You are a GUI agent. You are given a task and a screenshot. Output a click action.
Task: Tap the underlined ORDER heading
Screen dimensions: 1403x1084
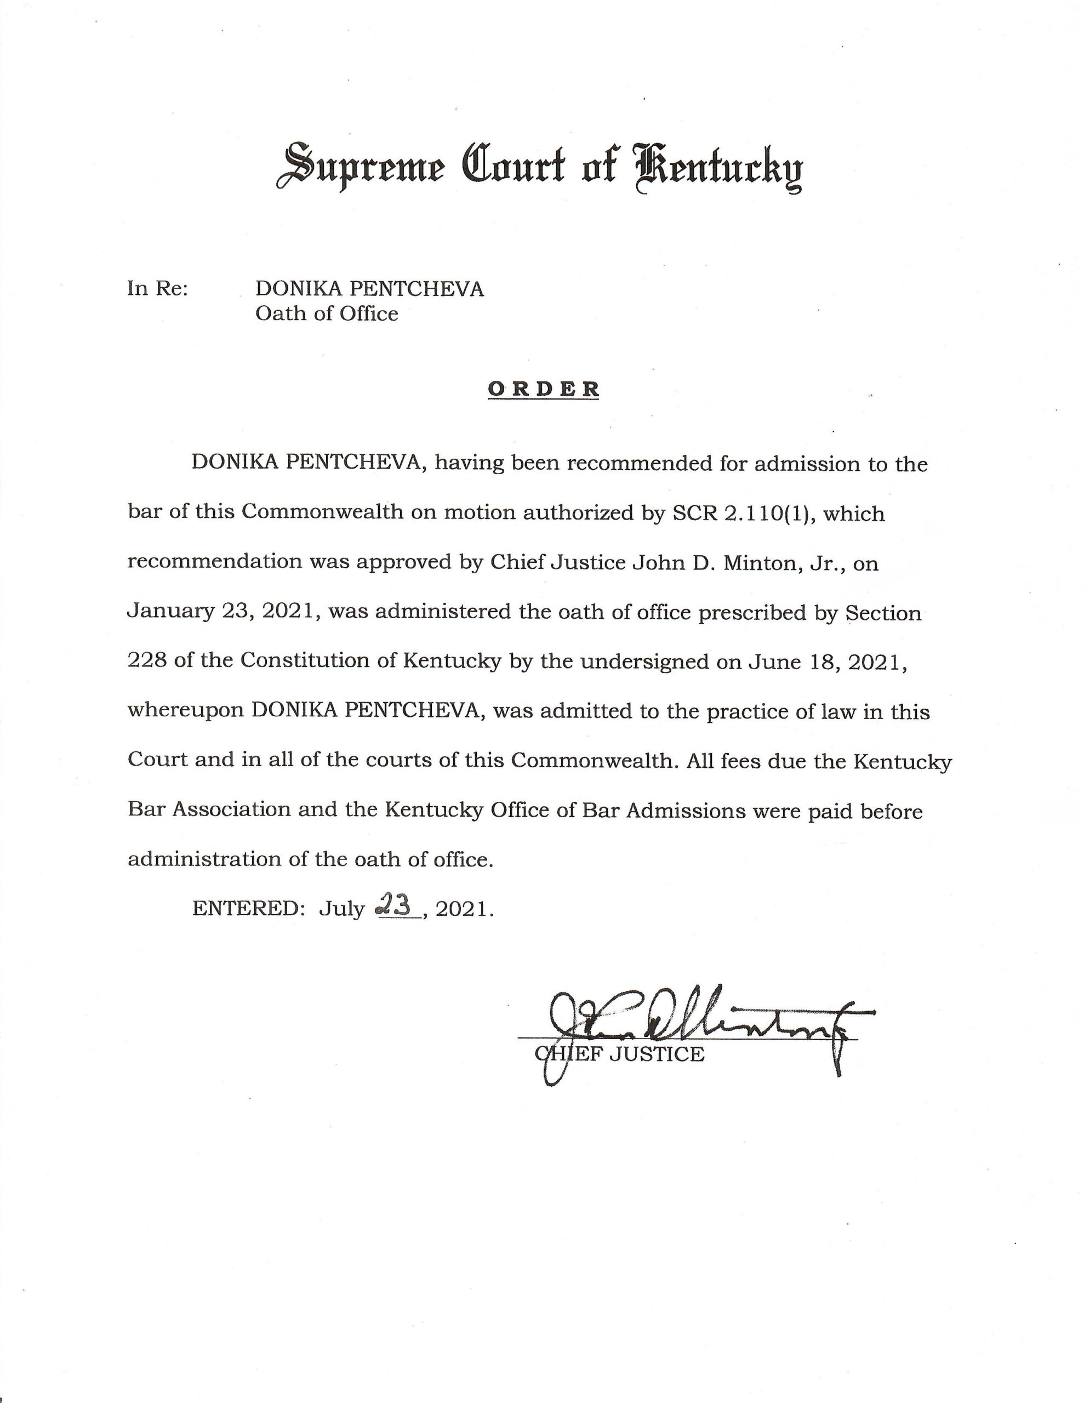(x=543, y=389)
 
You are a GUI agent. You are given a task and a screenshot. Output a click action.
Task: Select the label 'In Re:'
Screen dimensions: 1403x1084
(x=157, y=288)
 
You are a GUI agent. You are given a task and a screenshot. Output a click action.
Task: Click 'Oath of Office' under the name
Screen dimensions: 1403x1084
(x=327, y=313)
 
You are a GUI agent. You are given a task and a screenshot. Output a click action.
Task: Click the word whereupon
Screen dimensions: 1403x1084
(x=185, y=711)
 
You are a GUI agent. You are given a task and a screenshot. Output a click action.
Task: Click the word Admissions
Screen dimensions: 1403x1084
(x=684, y=811)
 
